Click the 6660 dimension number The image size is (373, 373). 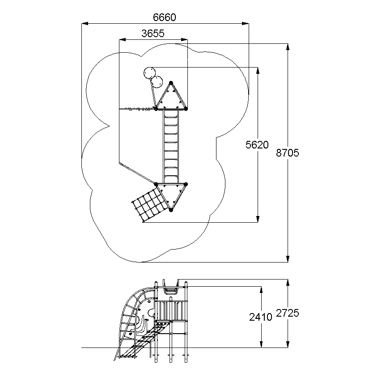pos(165,17)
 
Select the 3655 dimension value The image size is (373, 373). pos(153,34)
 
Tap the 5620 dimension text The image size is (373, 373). pos(257,144)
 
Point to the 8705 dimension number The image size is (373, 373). pos(288,153)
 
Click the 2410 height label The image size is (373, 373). pos(260,317)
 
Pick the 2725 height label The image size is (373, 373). pos(288,313)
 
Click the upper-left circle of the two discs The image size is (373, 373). pos(150,73)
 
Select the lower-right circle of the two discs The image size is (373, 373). pos(157,82)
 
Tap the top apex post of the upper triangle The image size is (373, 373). pos(171,83)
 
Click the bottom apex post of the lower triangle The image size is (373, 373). pos(171,210)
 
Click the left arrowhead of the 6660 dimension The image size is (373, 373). pos(85,24)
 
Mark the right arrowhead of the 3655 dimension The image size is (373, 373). pos(184,40)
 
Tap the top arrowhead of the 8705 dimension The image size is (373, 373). pos(288,47)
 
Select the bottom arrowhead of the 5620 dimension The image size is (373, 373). pos(258,219)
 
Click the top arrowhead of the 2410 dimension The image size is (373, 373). pos(261,290)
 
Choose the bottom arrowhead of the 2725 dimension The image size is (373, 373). pos(288,344)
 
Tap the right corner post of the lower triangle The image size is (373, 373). pos(186,184)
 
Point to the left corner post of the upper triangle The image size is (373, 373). pos(156,109)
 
